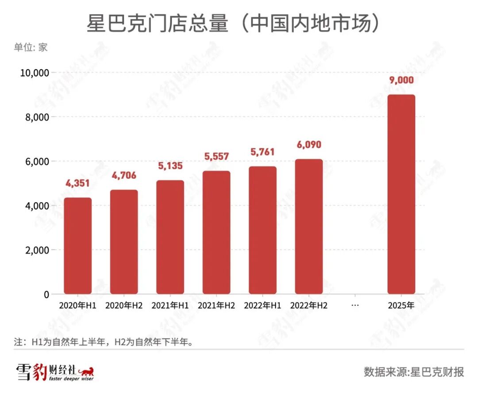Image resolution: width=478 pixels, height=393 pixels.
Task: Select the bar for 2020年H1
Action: pos(78,246)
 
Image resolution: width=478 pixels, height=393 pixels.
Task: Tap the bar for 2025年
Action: pos(401,195)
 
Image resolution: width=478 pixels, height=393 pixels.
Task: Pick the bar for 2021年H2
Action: pos(216,232)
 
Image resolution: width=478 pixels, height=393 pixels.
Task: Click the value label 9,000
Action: pos(401,80)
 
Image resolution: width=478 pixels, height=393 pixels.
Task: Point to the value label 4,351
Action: pos(78,183)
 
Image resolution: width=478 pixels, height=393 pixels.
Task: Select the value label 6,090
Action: pos(308,145)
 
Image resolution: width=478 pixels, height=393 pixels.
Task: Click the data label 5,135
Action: pos(170,166)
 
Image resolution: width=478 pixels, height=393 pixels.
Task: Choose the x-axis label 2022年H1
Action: pos(262,306)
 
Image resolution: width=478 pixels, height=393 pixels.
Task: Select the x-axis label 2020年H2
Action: pos(124,306)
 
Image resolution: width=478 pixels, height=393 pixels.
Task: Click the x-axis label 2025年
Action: pos(401,306)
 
